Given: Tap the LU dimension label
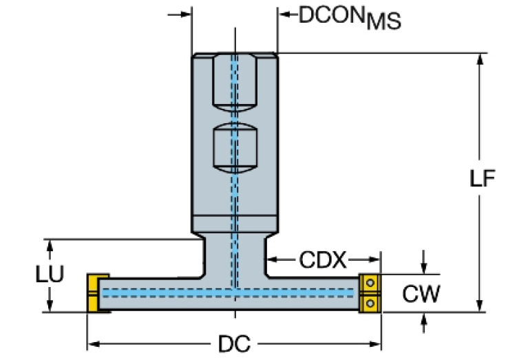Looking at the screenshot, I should [x=50, y=274].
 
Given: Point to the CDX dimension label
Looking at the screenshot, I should [x=323, y=260].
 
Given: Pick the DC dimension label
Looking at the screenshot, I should [x=234, y=343].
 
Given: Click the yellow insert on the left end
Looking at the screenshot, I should [x=94, y=293].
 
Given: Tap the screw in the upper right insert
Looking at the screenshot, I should [x=370, y=282].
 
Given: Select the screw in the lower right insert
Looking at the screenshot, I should [x=370, y=303].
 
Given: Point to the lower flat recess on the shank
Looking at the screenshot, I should [x=234, y=150].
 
